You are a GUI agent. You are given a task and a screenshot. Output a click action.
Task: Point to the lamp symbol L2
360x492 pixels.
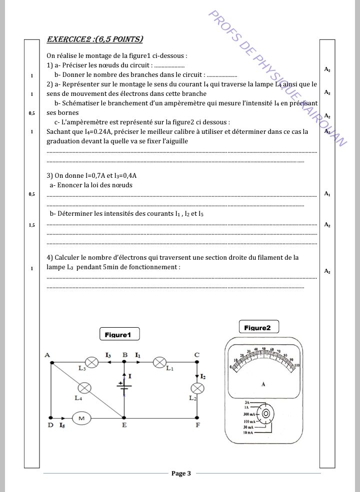pos(198,388)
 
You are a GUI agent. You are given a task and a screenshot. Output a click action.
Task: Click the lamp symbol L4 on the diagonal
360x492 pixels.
pos(85,387)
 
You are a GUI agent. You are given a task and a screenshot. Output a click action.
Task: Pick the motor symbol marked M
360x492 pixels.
pos(80,418)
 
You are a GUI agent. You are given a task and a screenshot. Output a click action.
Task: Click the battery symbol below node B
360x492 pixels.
pos(124,386)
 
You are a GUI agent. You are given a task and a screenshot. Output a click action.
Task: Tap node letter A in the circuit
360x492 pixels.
pos(47,355)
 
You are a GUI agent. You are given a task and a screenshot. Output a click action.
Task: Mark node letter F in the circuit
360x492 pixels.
pos(198,426)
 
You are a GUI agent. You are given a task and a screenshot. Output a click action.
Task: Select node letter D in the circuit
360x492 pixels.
pos(50,426)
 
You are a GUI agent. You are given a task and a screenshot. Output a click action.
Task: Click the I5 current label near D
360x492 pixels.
pos(61,426)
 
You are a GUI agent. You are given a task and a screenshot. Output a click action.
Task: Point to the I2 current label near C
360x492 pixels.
pos(202,376)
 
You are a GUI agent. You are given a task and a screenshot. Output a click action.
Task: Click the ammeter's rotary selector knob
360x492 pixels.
pos(266,414)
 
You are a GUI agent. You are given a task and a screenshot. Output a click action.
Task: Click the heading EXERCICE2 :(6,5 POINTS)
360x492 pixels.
pos(94,39)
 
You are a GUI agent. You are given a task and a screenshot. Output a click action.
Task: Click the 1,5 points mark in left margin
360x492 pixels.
pos(31,225)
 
